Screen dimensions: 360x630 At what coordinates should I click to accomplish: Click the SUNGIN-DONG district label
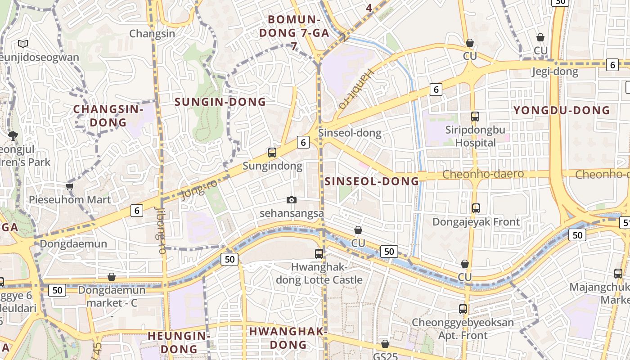click(220, 102)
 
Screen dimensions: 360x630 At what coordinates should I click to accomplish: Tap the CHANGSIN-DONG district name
click(108, 116)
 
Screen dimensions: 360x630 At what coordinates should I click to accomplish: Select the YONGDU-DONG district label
click(562, 110)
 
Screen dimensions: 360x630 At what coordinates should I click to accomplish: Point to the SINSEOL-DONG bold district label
click(372, 181)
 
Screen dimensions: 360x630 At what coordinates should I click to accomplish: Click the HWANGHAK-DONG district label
click(288, 338)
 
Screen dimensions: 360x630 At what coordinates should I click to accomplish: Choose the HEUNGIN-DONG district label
click(179, 342)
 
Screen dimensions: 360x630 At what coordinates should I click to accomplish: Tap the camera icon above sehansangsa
click(292, 200)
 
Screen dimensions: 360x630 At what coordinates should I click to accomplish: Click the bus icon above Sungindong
click(272, 152)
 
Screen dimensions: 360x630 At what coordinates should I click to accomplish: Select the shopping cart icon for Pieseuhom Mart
click(69, 186)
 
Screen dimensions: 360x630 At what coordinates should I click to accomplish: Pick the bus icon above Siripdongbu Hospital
click(475, 117)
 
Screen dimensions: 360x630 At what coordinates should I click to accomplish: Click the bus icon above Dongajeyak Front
click(476, 208)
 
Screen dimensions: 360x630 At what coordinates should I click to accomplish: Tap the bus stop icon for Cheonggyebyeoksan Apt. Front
click(463, 309)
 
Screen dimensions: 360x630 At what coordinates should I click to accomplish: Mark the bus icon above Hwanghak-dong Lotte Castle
click(319, 253)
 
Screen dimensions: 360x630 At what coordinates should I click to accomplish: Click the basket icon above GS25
click(385, 344)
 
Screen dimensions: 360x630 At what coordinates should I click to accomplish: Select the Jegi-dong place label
click(555, 72)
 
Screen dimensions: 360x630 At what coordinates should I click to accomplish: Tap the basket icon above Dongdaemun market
click(112, 277)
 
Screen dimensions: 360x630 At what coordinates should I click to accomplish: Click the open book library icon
click(23, 44)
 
